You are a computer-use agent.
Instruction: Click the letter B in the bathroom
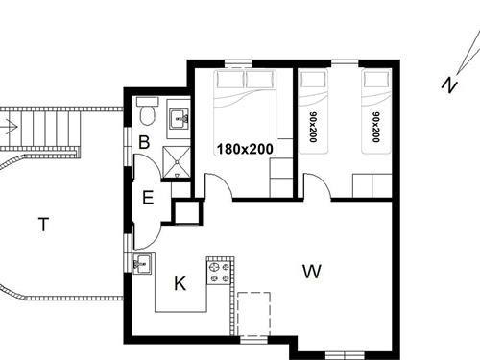coord(144,142)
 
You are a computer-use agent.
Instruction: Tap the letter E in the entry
coord(148,199)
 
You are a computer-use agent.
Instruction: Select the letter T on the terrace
coord(42,225)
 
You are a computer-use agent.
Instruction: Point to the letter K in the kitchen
coord(179,283)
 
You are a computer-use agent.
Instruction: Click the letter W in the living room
coord(311,272)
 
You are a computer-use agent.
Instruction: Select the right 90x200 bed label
coord(375,126)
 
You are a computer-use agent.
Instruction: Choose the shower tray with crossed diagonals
coord(178,163)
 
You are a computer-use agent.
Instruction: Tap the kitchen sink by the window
coord(145,262)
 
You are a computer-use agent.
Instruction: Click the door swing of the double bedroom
coord(218,188)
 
